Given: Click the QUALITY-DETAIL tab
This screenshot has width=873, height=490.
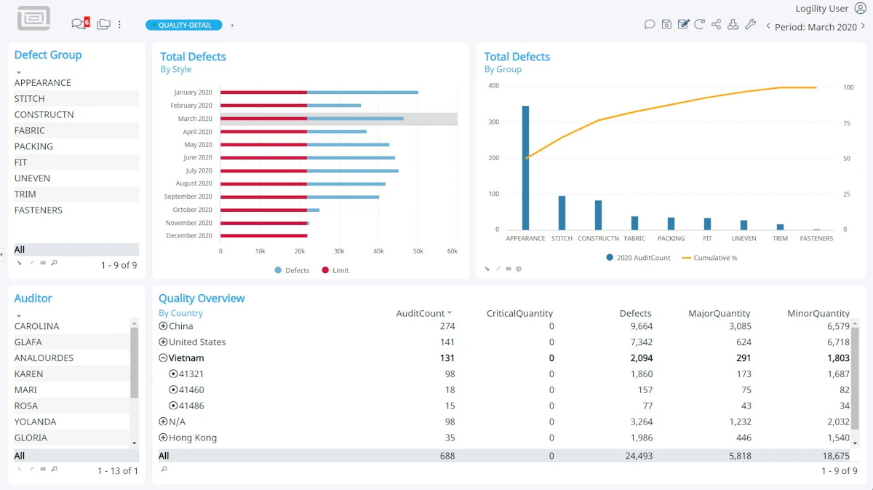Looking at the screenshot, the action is pos(184,25).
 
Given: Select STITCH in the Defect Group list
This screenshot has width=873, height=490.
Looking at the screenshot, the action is pos(30,99).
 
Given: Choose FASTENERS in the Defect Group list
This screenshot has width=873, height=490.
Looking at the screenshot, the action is pos(38,210).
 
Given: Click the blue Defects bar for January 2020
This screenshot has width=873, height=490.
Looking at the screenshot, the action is pos(362,92).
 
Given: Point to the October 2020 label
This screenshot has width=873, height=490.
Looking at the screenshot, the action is pos(192,210).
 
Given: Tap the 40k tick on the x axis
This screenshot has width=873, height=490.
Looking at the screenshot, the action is pos(378,251).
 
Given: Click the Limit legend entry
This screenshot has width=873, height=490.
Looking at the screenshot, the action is pos(335,270).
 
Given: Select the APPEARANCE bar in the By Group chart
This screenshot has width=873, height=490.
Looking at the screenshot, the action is pos(525,167).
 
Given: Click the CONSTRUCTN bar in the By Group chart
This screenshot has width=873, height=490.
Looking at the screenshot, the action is pos(598,215).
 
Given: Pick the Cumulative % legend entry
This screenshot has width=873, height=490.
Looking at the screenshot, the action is pos(709,258).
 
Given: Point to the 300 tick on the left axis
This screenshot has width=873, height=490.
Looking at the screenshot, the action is pos(493,122).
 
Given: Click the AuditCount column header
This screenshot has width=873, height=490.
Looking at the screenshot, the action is pos(420,313).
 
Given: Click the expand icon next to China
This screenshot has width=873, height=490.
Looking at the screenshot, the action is pos(163,325).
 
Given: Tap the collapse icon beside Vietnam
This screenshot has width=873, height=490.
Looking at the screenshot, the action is pos(163,357).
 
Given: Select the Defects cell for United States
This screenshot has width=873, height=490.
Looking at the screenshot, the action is pos(641,342).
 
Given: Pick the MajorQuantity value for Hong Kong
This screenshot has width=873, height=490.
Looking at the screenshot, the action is pos(744,438).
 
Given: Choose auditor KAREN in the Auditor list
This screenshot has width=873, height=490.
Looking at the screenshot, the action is pos(29,374).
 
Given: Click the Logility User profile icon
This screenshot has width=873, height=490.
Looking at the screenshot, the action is pos(860,8).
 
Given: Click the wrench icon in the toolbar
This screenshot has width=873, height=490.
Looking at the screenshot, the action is pos(750,25).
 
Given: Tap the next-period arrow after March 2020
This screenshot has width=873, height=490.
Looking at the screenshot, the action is pos(863,26).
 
